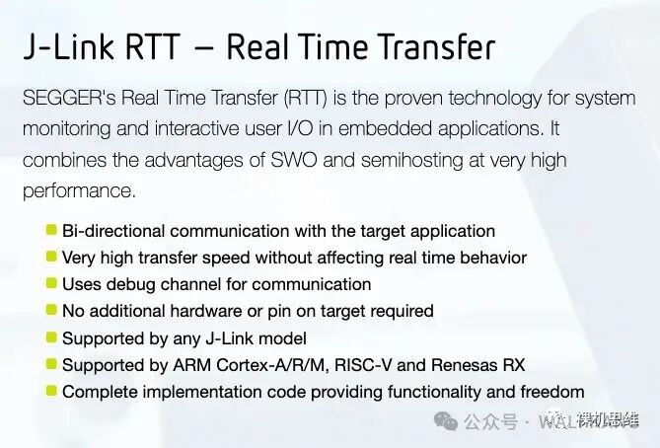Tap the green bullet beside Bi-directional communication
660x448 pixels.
pyautogui.click(x=51, y=230)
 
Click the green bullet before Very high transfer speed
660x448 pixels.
pyautogui.click(x=51, y=257)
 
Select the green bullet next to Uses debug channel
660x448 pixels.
pyautogui.click(x=51, y=283)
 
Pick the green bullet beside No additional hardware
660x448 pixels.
pyautogui.click(x=51, y=310)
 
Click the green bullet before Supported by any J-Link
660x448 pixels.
pyautogui.click(x=51, y=337)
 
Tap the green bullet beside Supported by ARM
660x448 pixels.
pyautogui.click(x=51, y=364)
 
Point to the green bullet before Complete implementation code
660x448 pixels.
pyautogui.click(x=51, y=391)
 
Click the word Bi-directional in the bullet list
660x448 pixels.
pyautogui.click(x=114, y=231)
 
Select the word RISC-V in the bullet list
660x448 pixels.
pyautogui.click(x=401, y=365)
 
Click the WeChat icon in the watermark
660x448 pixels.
pyautogui.click(x=448, y=422)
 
